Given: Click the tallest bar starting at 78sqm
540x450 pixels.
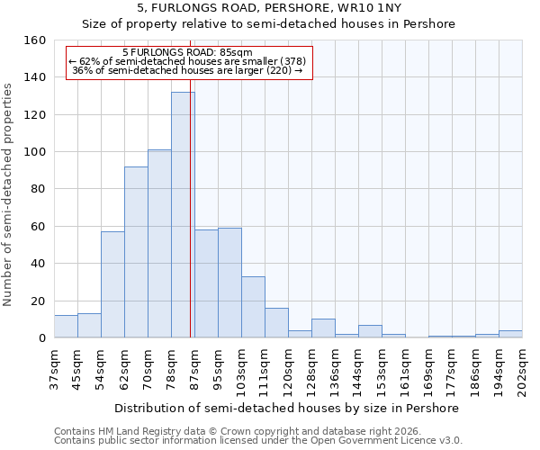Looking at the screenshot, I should [x=183, y=215].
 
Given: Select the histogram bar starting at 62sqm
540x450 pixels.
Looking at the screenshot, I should [x=136, y=252].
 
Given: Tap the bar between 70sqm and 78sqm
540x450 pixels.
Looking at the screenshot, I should [x=159, y=244].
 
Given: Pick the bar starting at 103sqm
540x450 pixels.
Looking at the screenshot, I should [x=253, y=307].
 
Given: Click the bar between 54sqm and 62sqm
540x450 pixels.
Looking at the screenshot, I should [x=112, y=284].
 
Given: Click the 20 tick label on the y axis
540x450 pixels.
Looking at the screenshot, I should [x=38, y=301].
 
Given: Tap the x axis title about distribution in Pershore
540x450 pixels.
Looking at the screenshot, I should [x=288, y=408].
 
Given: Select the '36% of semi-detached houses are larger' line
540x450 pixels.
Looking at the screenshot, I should [x=187, y=70].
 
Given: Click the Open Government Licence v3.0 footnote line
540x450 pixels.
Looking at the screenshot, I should [x=258, y=440].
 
